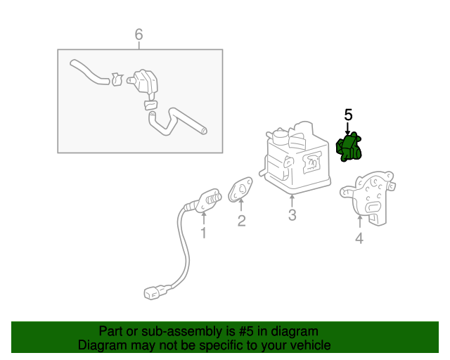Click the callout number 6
(x=139, y=34)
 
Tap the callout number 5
(x=348, y=114)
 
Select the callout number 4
(x=359, y=239)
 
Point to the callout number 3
(x=292, y=215)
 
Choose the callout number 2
(x=241, y=221)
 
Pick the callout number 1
(x=204, y=232)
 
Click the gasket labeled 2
(x=242, y=189)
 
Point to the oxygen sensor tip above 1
(x=210, y=197)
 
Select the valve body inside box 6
(x=146, y=82)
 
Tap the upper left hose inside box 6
(x=89, y=72)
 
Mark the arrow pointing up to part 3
(x=292, y=200)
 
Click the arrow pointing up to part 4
(x=359, y=224)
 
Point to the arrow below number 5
(x=348, y=127)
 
